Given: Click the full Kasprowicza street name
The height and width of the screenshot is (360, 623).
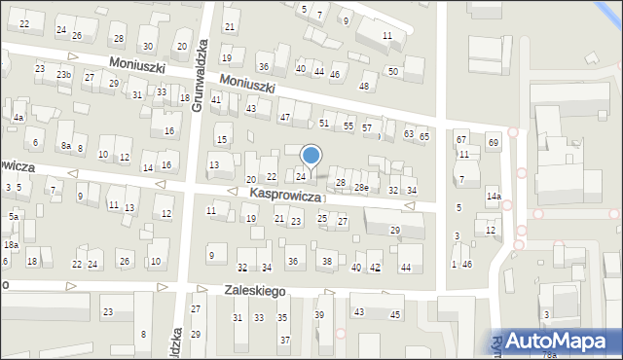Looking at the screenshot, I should click(x=285, y=195).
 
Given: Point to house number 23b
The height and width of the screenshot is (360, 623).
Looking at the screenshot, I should click(x=63, y=75).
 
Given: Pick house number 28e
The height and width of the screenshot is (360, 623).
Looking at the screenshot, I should click(x=361, y=187).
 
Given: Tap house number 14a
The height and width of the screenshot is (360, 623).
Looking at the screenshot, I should click(x=494, y=197).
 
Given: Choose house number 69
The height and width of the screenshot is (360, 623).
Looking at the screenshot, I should click(x=494, y=143).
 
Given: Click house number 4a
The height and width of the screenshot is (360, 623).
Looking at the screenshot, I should click(x=18, y=118).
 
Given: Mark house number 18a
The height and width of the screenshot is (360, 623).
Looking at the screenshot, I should click(x=11, y=246).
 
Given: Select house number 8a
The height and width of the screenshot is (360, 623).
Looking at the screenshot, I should click(x=66, y=145).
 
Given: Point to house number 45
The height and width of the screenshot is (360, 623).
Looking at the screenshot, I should click(x=395, y=314).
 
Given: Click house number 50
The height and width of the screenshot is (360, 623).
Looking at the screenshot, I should click(x=393, y=72).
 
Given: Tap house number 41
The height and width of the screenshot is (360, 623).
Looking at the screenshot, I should click(x=216, y=100).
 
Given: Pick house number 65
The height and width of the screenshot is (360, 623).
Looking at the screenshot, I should click(x=423, y=136).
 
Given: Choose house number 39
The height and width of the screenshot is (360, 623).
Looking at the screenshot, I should click(x=319, y=314).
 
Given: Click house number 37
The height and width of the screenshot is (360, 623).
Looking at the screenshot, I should click(x=284, y=340).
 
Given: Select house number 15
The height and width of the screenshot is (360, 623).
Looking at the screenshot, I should click(x=222, y=140).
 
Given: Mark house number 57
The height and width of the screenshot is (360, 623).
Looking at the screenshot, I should click(x=367, y=127).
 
